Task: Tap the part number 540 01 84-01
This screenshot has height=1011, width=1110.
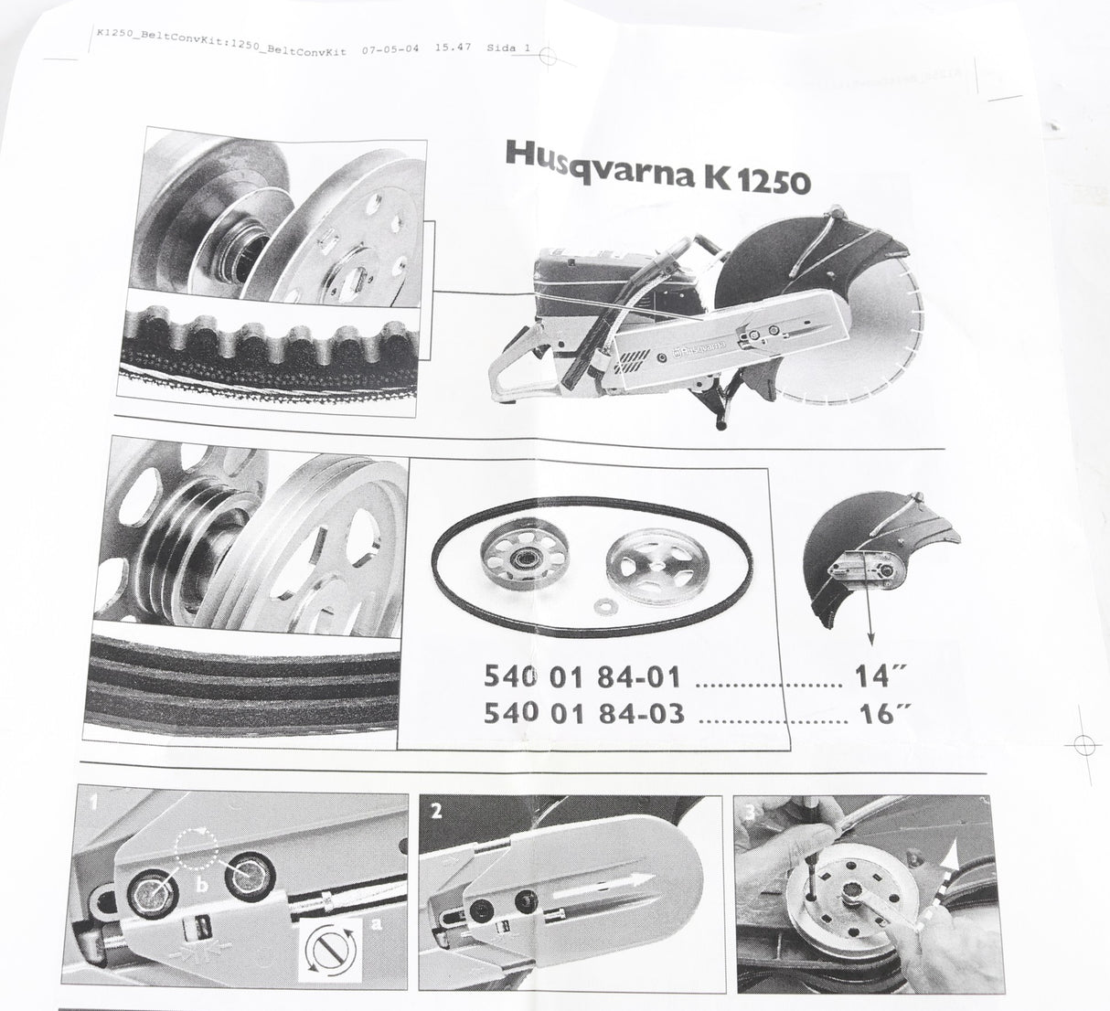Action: click(x=582, y=676)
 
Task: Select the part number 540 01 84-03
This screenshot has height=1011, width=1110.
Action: click(x=583, y=713)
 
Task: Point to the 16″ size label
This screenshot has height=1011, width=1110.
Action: click(x=883, y=713)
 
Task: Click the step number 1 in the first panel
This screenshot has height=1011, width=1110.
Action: click(x=94, y=802)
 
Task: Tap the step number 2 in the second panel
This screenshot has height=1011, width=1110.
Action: click(x=436, y=811)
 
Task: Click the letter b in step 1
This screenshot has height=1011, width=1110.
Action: click(x=202, y=884)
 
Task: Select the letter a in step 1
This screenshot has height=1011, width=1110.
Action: click(x=376, y=923)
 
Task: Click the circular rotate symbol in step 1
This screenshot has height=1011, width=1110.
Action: click(x=330, y=952)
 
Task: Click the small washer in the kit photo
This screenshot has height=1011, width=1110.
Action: click(x=601, y=607)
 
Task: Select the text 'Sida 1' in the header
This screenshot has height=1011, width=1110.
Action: click(x=508, y=48)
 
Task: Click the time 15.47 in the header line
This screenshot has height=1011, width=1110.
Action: click(x=453, y=48)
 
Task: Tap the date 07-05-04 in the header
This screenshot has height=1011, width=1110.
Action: click(x=390, y=49)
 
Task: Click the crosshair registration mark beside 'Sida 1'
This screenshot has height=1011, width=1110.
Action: click(x=547, y=56)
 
